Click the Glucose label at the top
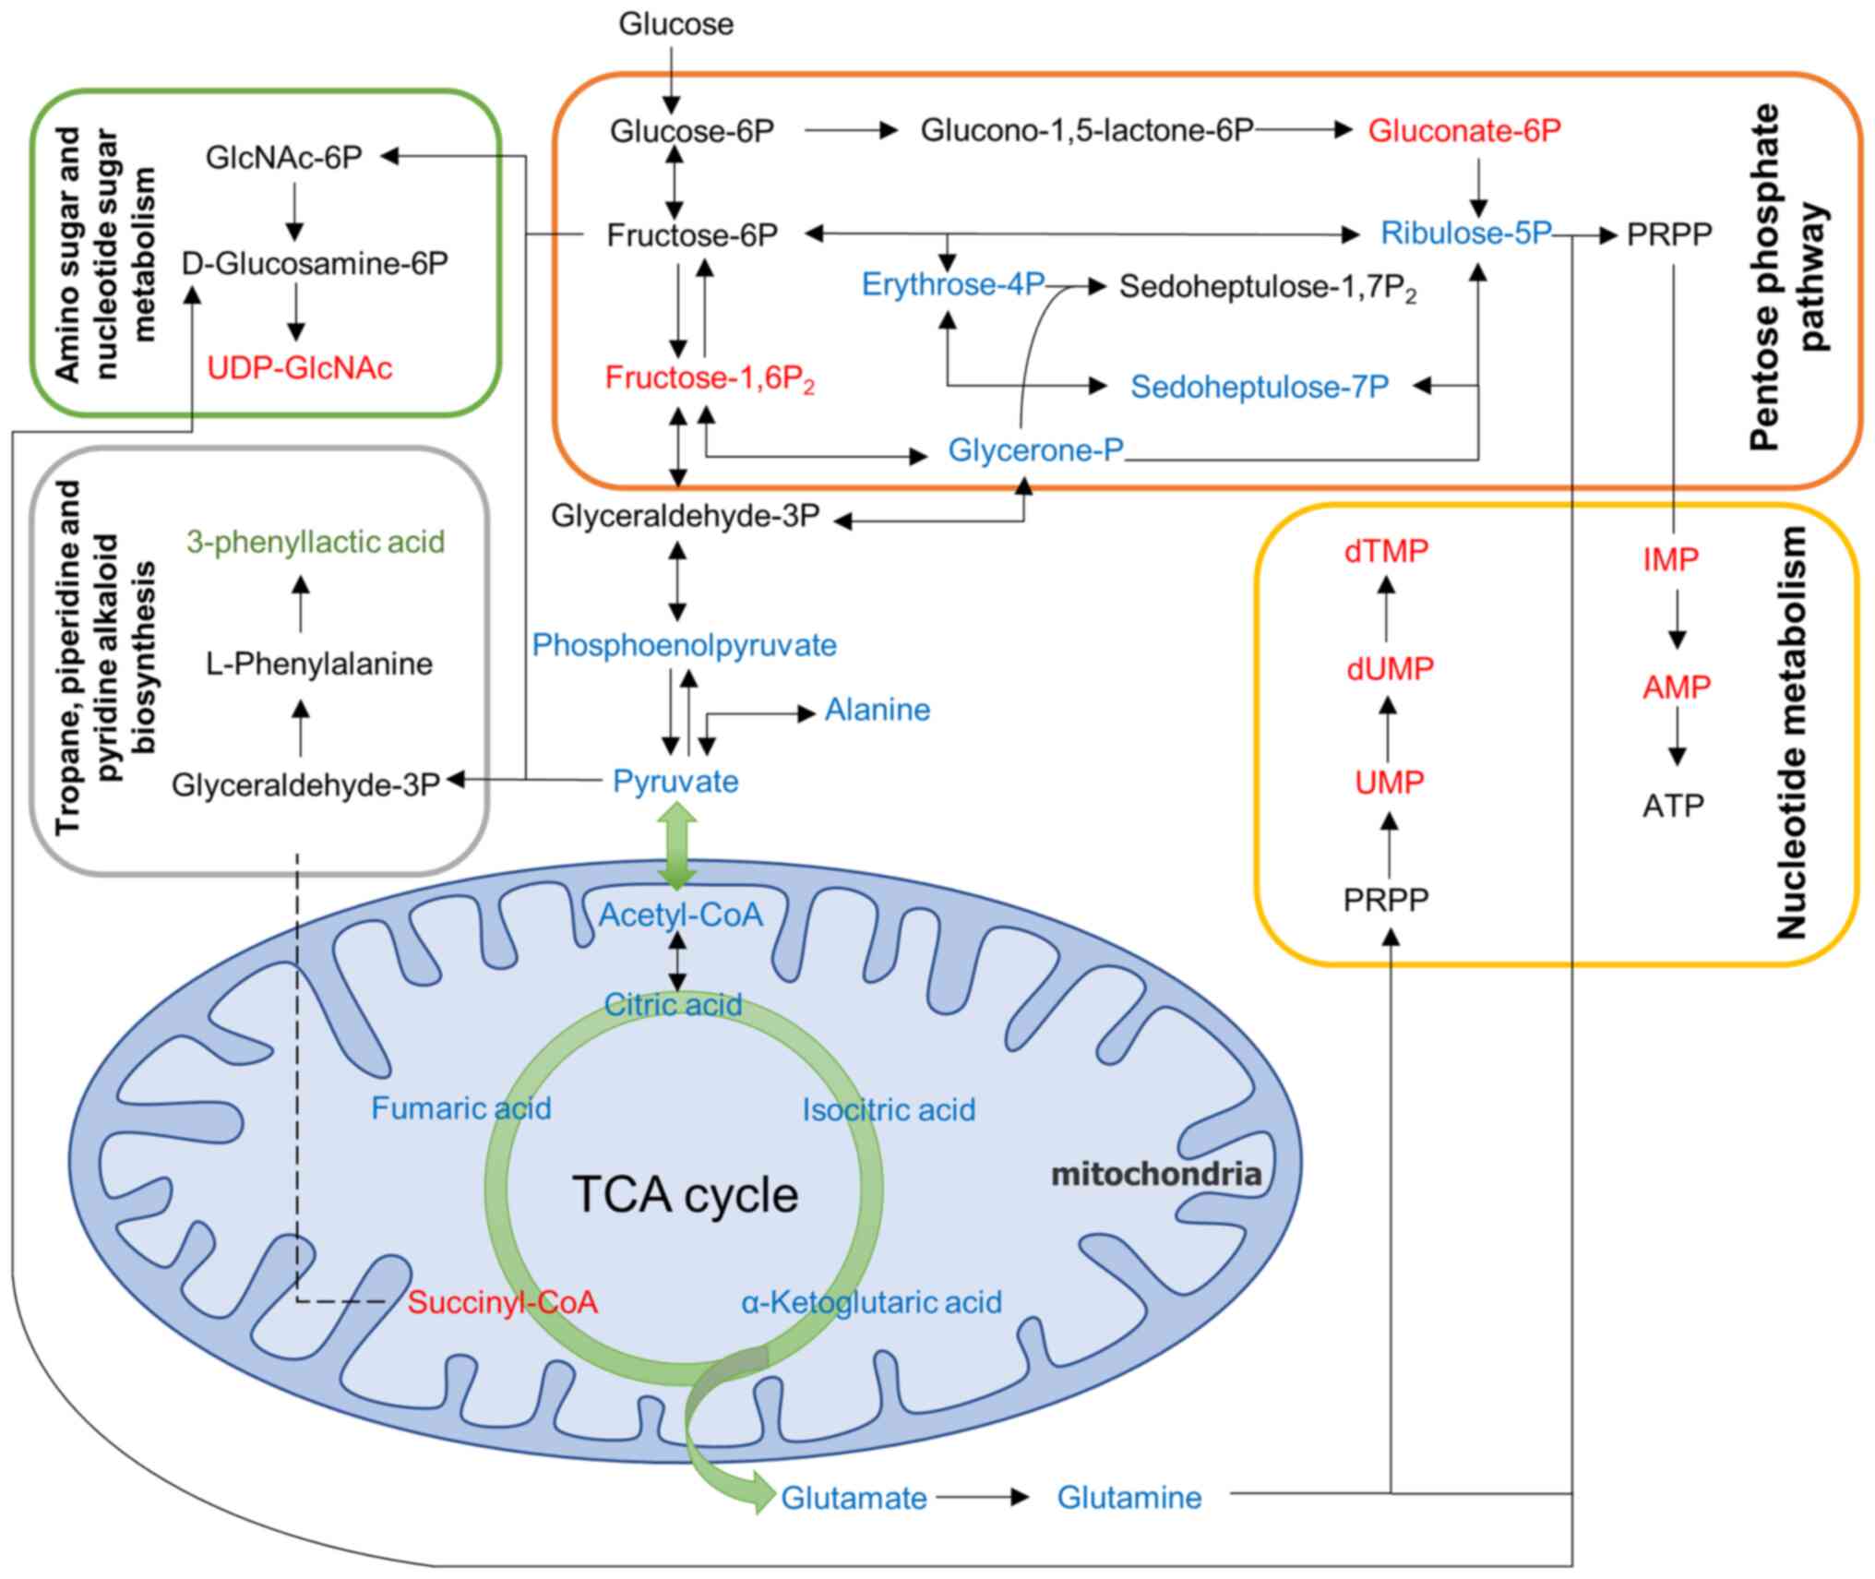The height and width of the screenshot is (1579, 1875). tap(675, 24)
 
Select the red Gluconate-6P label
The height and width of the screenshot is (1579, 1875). tap(1463, 131)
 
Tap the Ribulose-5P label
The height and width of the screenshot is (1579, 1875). tap(1465, 233)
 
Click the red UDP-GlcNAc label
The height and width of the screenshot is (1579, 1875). tap(299, 368)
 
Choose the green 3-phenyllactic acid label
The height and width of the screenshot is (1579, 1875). tap(316, 542)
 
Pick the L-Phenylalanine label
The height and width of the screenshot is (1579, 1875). tap(319, 664)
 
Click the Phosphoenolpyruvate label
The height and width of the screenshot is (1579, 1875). tap(684, 645)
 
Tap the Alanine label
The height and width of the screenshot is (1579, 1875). tap(877, 710)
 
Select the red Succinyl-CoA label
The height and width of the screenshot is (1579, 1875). tap(502, 1302)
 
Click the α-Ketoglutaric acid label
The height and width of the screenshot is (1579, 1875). tap(871, 1302)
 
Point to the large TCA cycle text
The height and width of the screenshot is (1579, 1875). tap(685, 1194)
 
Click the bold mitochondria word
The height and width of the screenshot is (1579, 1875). tap(1156, 1174)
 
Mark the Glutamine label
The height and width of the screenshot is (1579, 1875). tap(1129, 1497)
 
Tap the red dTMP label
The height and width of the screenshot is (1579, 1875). tap(1386, 551)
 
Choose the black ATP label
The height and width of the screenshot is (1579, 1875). tap(1672, 806)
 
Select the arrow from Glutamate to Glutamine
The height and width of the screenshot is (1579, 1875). tap(982, 1497)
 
